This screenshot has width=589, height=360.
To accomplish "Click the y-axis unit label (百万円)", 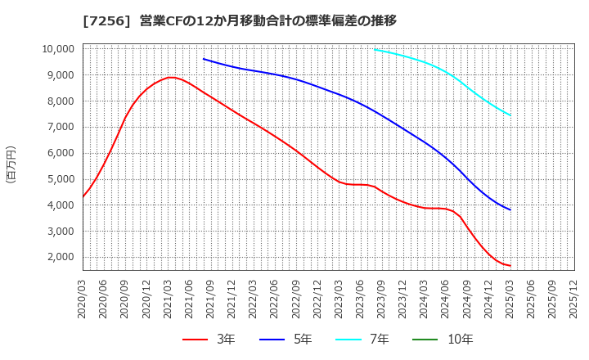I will (11, 164).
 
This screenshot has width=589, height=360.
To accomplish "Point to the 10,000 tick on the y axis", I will (57, 49).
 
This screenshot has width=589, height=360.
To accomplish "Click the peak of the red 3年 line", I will (170, 78).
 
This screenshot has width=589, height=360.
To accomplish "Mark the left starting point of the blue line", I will (204, 59).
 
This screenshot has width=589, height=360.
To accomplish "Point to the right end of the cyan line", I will (510, 115).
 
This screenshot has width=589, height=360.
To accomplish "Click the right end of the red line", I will (510, 266).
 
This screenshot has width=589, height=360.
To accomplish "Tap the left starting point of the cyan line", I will (375, 49).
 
